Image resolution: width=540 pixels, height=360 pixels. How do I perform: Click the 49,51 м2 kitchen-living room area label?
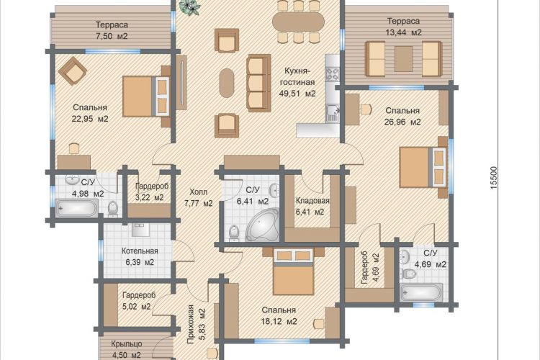point(297,94)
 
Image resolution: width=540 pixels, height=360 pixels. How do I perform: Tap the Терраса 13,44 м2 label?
point(404,27)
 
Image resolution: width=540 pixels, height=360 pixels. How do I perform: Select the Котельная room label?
point(140,251)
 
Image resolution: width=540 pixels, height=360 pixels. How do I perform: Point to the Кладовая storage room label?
point(312,200)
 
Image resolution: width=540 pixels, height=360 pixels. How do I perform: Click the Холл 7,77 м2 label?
point(199,198)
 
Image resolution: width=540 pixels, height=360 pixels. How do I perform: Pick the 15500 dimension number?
point(494,177)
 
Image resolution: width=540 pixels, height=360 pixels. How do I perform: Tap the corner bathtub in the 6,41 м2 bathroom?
point(263,224)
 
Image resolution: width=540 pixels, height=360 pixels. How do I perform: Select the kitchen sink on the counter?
point(333,113)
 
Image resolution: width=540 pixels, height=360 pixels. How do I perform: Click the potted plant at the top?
point(190,7)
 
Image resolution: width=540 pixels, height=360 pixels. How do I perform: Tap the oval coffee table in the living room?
point(227,83)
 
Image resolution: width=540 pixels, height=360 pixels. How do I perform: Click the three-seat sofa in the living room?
point(258,83)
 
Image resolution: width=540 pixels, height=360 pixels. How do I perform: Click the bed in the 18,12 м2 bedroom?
point(294,272)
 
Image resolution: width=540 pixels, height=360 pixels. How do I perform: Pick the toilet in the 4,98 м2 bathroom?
point(113,208)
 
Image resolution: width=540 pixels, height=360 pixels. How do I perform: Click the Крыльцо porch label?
point(127,344)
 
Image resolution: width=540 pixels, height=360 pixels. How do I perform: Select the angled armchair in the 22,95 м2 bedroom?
point(72,71)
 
